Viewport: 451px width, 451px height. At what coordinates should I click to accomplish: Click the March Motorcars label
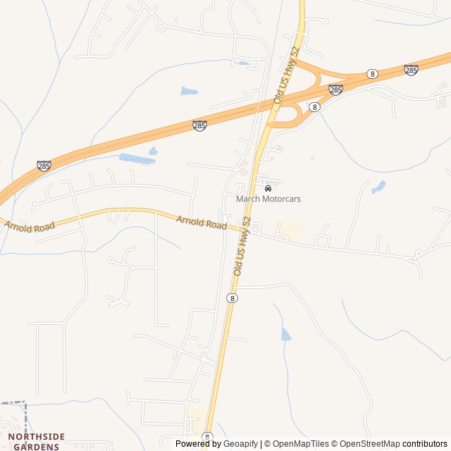268,199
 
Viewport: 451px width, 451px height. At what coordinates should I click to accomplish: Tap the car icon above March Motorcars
268,188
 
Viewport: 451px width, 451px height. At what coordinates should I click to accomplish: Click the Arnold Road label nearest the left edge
30,226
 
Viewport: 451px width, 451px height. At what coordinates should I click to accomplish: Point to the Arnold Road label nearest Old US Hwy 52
202,223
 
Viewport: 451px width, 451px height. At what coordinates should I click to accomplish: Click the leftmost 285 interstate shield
44,166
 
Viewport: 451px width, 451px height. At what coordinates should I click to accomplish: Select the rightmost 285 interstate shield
411,70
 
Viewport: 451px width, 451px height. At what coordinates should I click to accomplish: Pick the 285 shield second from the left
200,125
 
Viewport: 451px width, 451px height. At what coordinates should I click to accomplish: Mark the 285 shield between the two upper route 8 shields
336,89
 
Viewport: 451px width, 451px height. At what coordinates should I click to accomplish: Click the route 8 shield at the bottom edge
207,438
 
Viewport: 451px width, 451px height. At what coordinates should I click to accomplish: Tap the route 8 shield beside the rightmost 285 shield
371,74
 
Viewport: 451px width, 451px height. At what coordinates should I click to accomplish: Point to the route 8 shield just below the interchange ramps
314,107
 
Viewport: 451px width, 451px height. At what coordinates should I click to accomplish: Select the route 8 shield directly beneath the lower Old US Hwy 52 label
233,298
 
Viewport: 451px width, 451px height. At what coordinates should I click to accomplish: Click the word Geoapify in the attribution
241,444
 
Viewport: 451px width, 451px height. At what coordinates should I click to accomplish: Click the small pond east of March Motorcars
379,187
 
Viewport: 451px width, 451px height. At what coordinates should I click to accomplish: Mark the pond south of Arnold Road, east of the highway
285,334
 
